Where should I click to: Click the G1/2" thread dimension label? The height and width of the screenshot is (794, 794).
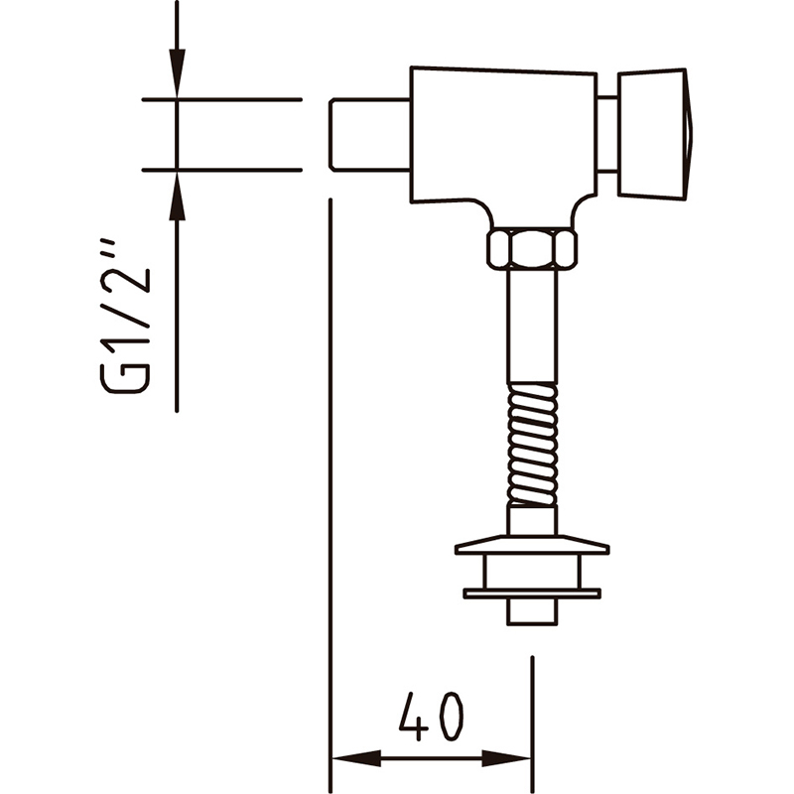click(126, 316)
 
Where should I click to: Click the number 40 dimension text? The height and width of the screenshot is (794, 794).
click(431, 716)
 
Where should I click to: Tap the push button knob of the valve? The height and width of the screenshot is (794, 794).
click(655, 134)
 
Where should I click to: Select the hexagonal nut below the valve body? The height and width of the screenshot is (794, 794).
click(532, 249)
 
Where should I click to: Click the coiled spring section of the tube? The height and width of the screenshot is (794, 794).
click(532, 444)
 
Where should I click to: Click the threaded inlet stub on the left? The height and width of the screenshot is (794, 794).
click(369, 135)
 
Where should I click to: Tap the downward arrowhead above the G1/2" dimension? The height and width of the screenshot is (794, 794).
click(177, 71)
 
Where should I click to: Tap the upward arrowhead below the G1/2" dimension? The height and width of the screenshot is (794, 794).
click(177, 197)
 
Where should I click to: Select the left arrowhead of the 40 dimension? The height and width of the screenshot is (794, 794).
click(355, 758)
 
